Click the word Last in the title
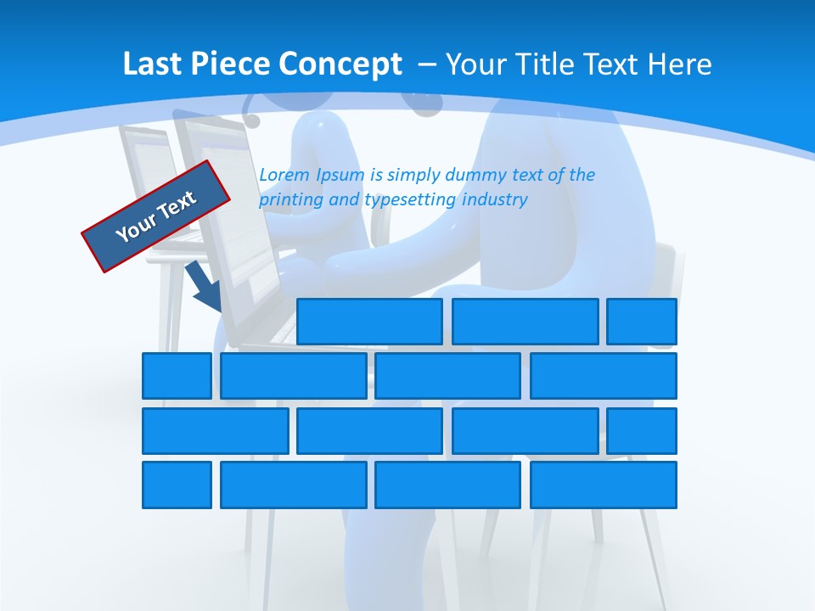tap(152, 64)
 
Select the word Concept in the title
tap(340, 64)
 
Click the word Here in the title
tap(679, 64)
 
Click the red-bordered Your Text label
tap(156, 216)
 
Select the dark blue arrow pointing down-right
tap(205, 286)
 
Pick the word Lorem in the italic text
tap(284, 175)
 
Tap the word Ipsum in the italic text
tap(340, 176)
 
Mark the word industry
tap(495, 200)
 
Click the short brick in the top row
tap(642, 322)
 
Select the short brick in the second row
tap(177, 376)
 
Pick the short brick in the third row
tap(642, 430)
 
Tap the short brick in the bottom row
tap(177, 485)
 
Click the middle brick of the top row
tap(525, 322)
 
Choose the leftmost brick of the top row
tap(369, 322)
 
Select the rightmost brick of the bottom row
tap(604, 485)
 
